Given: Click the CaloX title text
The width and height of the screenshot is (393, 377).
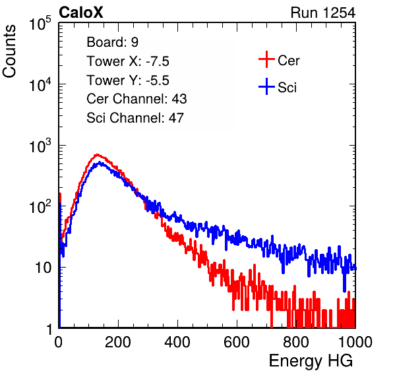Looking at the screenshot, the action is (x=80, y=13).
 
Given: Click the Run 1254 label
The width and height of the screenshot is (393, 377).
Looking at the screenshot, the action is (x=323, y=13).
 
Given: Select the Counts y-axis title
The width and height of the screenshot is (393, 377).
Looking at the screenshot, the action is (x=9, y=51).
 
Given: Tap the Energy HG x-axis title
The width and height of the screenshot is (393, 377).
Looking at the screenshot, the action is (x=311, y=361).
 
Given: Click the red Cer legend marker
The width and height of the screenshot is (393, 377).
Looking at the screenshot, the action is (x=266, y=59).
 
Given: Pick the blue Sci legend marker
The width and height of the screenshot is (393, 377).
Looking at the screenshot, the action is (x=266, y=87).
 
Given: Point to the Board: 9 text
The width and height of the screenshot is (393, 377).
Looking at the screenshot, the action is (x=112, y=42).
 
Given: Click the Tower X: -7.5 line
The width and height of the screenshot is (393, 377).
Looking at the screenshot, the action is (x=128, y=61).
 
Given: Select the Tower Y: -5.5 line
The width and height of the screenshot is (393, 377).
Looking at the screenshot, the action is (x=128, y=80).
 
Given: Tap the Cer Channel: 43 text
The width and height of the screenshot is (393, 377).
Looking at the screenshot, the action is (x=136, y=99).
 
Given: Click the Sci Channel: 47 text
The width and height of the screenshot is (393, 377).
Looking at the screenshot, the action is (x=135, y=118).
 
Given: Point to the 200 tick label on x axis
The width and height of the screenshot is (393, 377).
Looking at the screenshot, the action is (x=118, y=342).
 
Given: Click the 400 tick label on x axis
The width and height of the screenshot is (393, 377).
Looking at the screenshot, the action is (x=177, y=342).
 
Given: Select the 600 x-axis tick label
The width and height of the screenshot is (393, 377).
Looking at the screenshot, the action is (x=237, y=342).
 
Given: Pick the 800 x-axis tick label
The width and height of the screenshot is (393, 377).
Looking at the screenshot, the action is (x=296, y=342).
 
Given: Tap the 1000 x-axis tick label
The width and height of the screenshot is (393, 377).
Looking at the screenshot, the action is (x=355, y=342).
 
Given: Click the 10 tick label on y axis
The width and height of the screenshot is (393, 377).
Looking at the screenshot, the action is (x=43, y=268).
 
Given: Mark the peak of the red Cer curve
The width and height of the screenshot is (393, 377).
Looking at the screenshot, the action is (x=98, y=155).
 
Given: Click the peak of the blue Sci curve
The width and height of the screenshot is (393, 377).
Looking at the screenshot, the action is (x=100, y=163).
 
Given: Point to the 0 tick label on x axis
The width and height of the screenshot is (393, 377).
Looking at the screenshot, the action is (x=58, y=342).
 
